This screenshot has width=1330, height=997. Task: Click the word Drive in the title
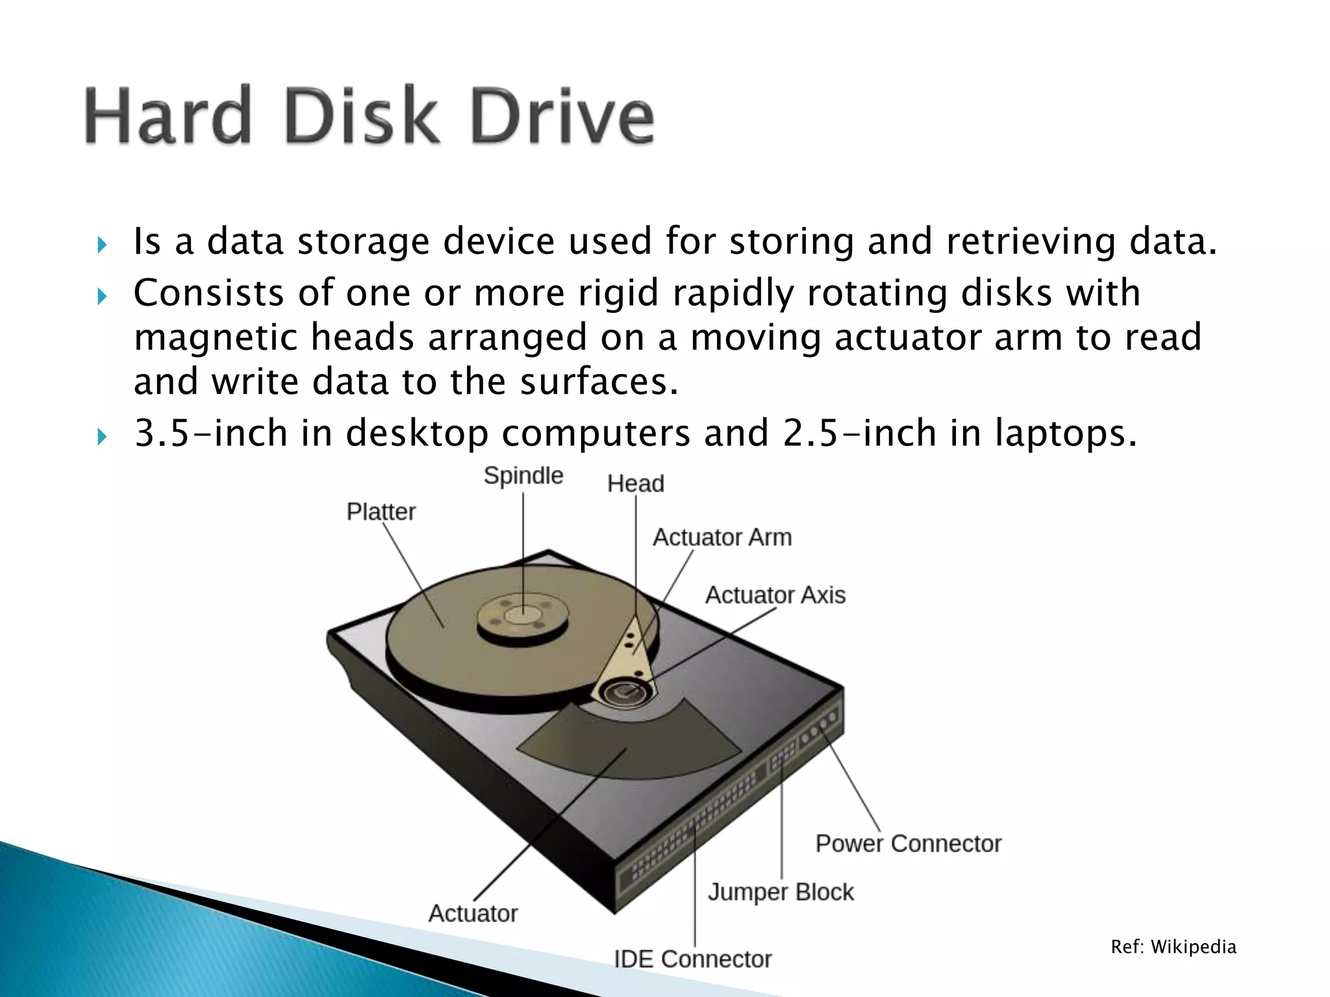[562, 117]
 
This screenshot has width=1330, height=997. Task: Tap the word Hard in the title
[168, 117]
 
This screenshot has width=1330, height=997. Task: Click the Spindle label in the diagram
[523, 476]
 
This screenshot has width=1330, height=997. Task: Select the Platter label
[381, 511]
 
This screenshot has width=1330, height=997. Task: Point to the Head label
[635, 484]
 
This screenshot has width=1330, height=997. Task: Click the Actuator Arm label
[722, 537]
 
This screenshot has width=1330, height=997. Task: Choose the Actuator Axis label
[775, 595]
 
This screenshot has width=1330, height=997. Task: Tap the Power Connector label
[908, 844]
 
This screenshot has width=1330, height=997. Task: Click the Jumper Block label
[781, 892]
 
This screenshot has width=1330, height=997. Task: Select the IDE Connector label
[693, 959]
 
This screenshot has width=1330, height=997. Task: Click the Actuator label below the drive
[473, 913]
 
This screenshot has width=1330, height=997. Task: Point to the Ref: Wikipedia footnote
[1173, 947]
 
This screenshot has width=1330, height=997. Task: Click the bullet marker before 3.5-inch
[101, 437]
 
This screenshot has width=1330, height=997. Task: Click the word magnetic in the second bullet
[215, 338]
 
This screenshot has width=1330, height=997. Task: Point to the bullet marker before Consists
[101, 297]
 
